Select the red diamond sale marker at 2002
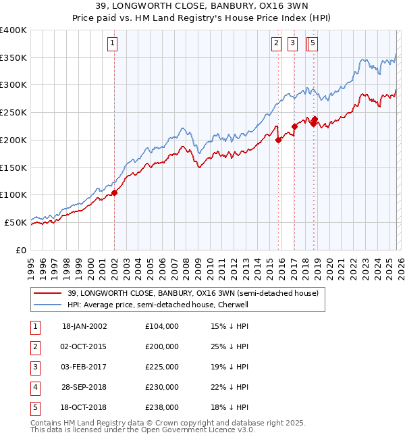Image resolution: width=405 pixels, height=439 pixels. [x=115, y=192]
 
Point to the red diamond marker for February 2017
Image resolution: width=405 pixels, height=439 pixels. [x=295, y=126]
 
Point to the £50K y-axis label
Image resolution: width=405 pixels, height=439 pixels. [x=16, y=222]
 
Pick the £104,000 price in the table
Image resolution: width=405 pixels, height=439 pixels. [x=162, y=326]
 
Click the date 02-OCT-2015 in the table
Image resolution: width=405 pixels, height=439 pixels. [x=84, y=346]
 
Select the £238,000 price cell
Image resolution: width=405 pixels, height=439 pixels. [x=162, y=407]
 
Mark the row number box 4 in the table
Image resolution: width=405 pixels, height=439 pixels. [x=34, y=387]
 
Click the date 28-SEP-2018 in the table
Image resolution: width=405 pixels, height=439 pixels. [x=84, y=387]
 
